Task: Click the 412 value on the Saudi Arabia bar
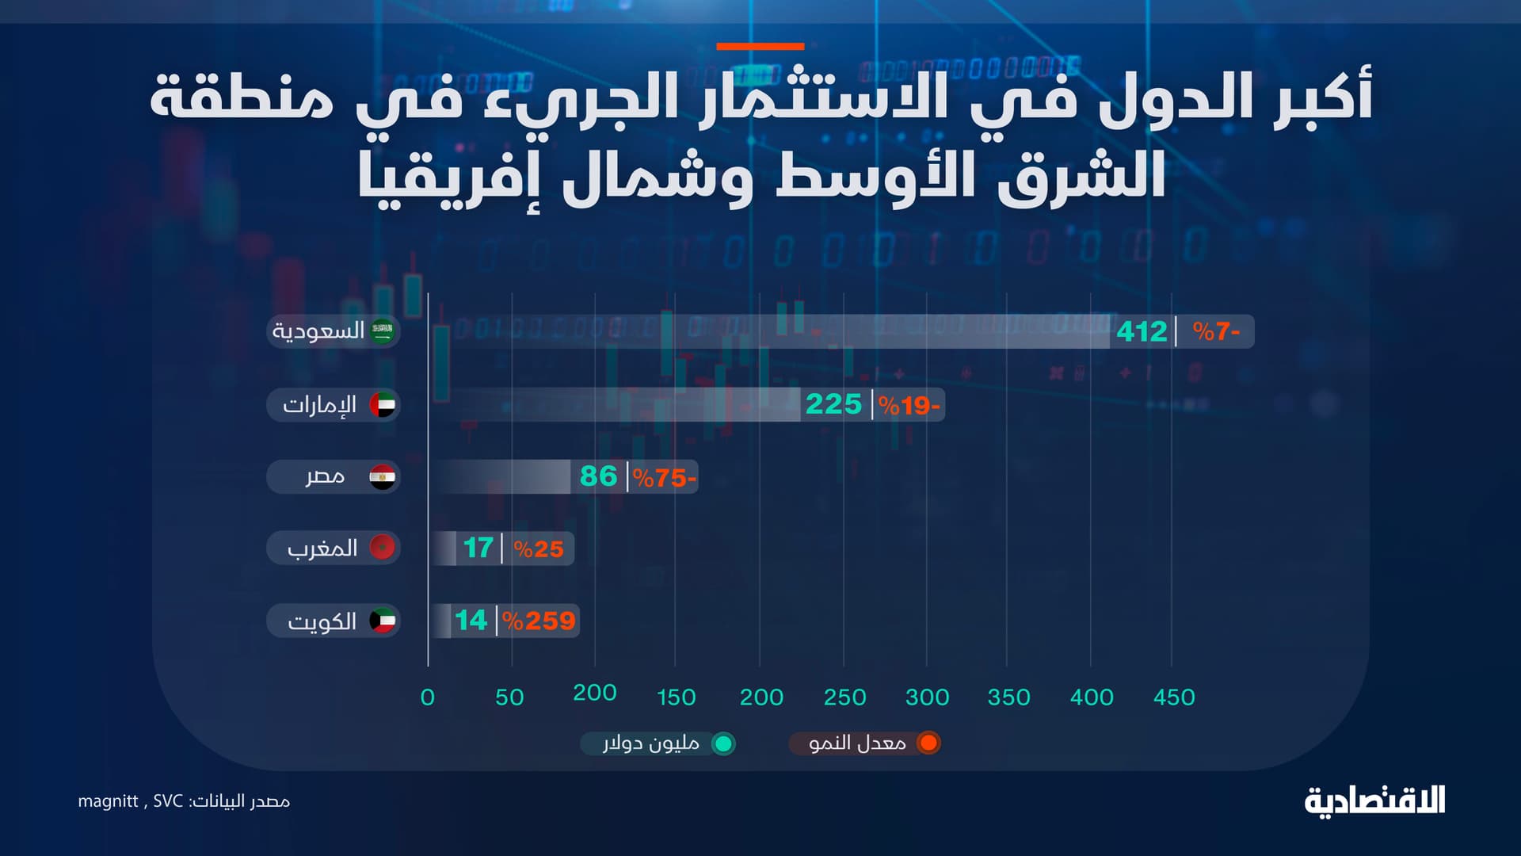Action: click(x=1142, y=331)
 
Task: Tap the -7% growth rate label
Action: click(x=1216, y=331)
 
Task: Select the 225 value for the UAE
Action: click(x=833, y=404)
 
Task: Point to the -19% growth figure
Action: click(x=909, y=406)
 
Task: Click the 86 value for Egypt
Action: click(x=598, y=476)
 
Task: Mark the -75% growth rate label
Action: click(x=664, y=478)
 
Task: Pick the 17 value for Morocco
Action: click(x=478, y=548)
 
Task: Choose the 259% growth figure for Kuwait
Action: click(x=539, y=621)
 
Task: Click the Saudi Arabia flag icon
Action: click(x=383, y=331)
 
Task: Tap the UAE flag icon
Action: click(x=383, y=405)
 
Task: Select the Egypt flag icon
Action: click(x=383, y=477)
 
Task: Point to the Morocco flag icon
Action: click(x=383, y=547)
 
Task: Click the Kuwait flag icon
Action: click(x=383, y=621)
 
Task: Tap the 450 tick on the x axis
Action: click(x=1174, y=697)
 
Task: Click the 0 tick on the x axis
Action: click(x=428, y=697)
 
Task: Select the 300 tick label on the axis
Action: click(x=927, y=697)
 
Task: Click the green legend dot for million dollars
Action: click(x=722, y=743)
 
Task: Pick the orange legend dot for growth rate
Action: click(x=928, y=743)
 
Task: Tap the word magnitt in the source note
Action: click(x=108, y=801)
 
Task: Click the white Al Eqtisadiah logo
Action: click(x=1374, y=801)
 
